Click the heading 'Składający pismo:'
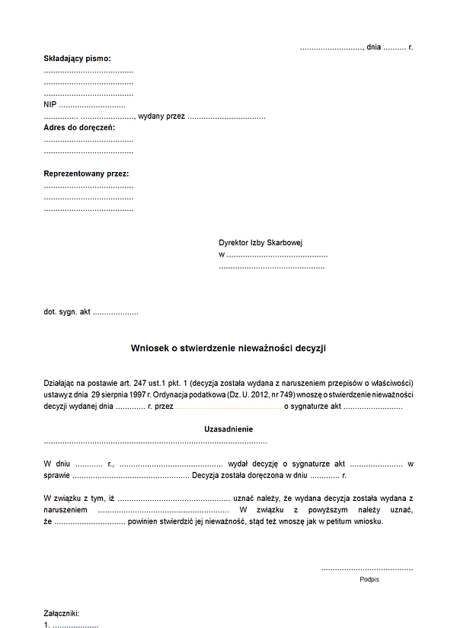coord(77,58)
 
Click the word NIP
coord(50,104)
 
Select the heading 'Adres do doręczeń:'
coord(79,128)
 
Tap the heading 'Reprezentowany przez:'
coord(86,174)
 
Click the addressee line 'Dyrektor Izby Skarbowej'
coord(260,243)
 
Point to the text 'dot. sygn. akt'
coord(67,312)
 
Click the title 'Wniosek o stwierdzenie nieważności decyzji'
coord(228,348)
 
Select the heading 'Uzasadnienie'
coord(228,429)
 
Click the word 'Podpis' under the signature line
coord(369,579)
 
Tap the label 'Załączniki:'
coord(62,614)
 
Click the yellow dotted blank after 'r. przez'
coord(229,407)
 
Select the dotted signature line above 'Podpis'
coord(367,569)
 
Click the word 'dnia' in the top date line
coord(373,47)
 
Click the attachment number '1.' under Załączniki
coord(47,625)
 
